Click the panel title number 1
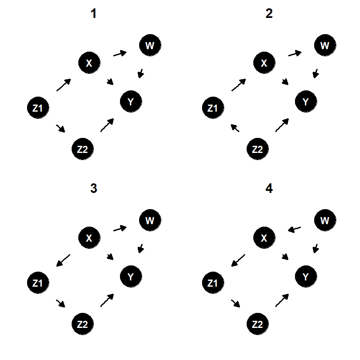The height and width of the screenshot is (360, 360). pos(93,14)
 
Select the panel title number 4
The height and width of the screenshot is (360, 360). pos(269,189)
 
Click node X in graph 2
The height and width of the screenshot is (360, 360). pos(264,63)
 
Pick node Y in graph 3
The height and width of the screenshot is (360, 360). pos(130,277)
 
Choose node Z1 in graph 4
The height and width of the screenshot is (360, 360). pos(212,283)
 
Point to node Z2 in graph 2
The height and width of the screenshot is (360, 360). pos(258,149)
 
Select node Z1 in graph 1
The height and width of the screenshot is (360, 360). pos(37,108)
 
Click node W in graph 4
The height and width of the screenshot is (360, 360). pos(325,220)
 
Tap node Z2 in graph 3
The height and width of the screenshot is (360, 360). pos(82,324)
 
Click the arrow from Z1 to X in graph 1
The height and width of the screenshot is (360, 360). pos(63,85)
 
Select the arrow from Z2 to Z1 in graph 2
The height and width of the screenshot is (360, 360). pos(235,128)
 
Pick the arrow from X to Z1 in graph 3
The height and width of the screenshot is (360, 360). pos(63,260)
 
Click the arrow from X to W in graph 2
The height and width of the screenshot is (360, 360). pos(295,53)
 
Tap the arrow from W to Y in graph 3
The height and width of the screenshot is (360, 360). pos(141,248)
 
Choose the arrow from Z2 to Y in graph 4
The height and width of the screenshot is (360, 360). pos(282,300)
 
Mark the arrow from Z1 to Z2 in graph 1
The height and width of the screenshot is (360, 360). pos(60,128)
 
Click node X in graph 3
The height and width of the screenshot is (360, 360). pos(88,238)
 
